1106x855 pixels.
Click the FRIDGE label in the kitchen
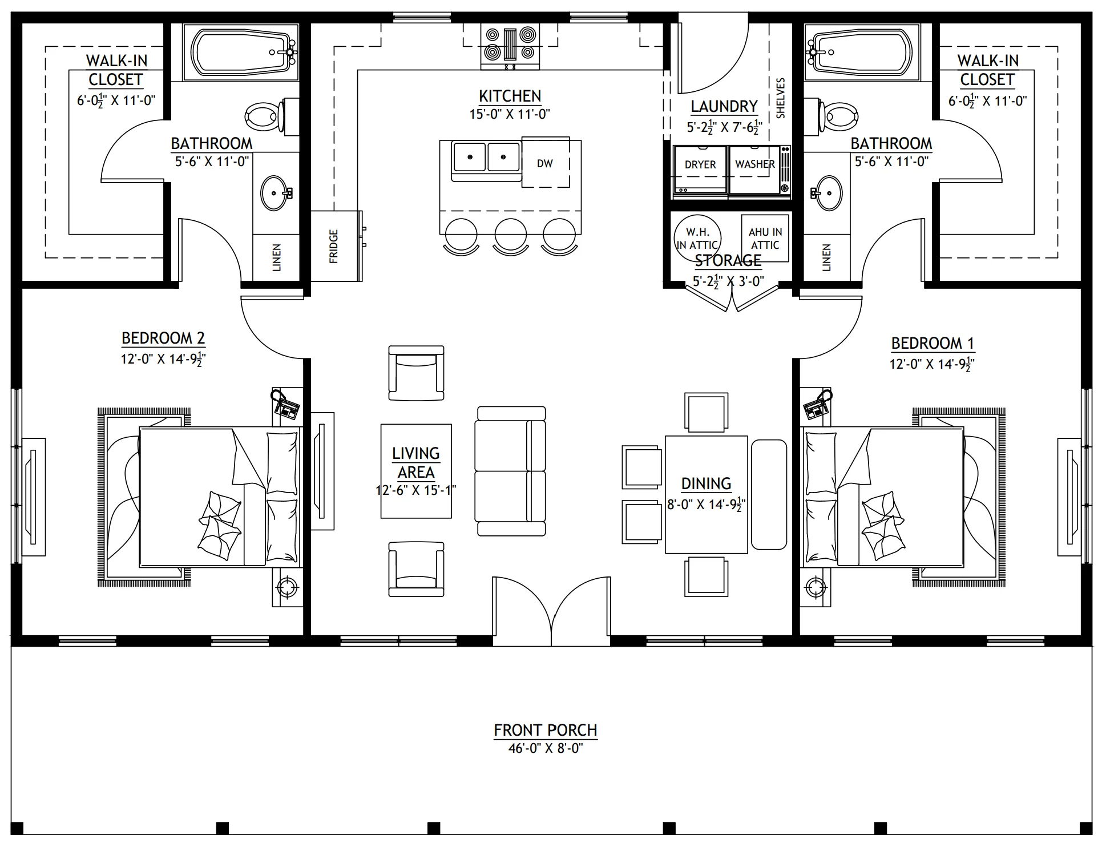coord(334,246)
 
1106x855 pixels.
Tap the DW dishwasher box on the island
coord(546,162)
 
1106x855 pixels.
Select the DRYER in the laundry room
coord(700,170)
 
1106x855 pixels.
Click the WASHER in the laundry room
coord(754,170)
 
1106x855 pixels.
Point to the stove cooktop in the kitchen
coord(511,44)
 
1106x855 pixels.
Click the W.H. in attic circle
coord(697,237)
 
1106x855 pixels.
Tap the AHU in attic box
coord(765,238)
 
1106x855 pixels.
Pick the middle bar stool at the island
coord(511,236)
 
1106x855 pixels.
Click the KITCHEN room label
coord(510,96)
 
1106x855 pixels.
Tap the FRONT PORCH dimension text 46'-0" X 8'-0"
coord(546,748)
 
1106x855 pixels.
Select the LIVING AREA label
coord(416,463)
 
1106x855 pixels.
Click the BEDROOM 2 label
coord(163,338)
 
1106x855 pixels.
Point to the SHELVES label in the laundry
coord(781,98)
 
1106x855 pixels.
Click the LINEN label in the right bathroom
coord(826,257)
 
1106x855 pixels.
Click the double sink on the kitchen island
coord(486,157)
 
